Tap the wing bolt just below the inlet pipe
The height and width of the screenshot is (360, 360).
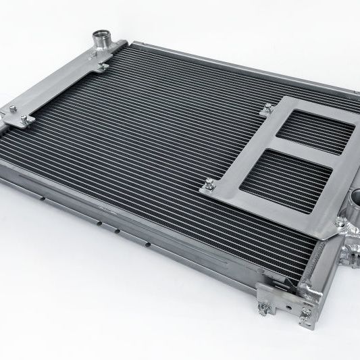click(x=102, y=66)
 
